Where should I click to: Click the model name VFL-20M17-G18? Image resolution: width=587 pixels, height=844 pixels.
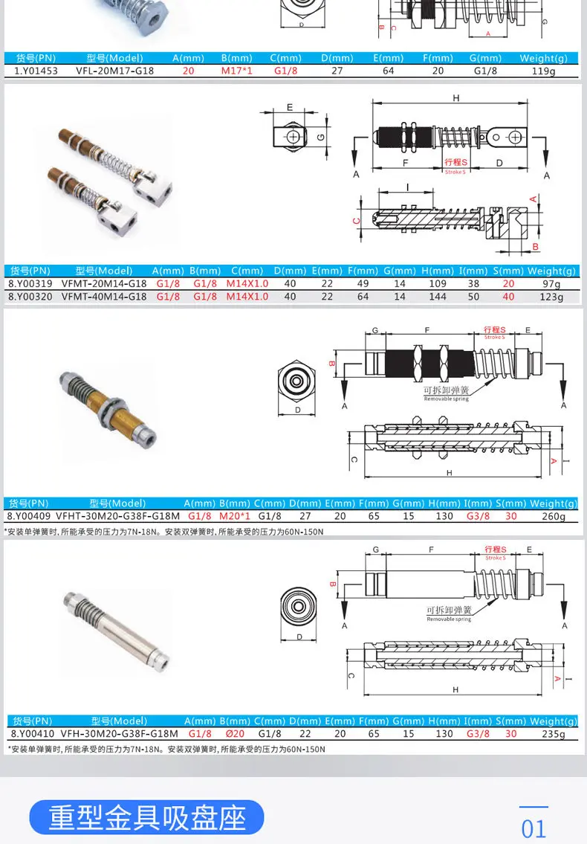point(115,71)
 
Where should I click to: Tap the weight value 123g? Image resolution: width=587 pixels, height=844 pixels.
point(551,297)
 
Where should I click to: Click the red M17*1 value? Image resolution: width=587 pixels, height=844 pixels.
point(237,71)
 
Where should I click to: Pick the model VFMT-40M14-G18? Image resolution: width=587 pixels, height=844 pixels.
point(104,297)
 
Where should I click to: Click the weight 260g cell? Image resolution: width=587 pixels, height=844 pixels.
point(553,517)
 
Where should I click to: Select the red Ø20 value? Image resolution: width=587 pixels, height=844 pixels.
point(233,734)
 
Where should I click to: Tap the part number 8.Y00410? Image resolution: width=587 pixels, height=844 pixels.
point(30,734)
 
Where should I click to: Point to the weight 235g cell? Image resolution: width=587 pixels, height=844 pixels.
point(553,734)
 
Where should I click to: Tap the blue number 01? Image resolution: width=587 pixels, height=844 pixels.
point(534,828)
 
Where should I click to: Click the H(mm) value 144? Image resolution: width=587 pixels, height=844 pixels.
point(438,297)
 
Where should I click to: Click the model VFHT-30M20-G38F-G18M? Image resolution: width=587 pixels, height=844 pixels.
point(117,517)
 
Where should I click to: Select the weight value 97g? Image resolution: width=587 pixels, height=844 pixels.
point(551,284)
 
